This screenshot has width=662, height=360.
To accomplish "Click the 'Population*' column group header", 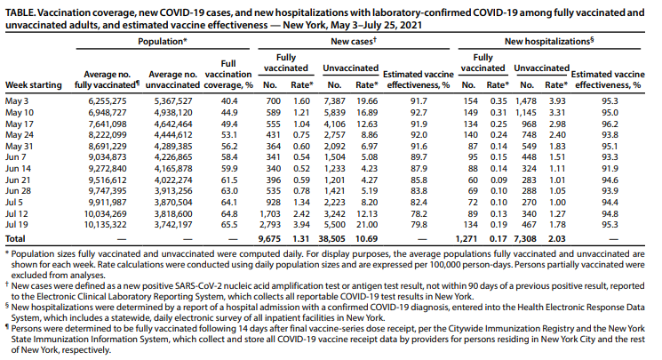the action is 163,42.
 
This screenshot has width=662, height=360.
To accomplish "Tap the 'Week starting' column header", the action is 34,85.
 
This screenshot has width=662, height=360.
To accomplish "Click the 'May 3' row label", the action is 17,101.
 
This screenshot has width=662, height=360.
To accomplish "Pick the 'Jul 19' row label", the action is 17,225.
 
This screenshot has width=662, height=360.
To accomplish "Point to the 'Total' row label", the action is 15,239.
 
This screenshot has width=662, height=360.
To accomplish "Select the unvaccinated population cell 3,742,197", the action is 173,225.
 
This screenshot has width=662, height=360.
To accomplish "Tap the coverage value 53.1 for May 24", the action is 229,135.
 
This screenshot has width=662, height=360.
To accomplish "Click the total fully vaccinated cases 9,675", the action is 269,239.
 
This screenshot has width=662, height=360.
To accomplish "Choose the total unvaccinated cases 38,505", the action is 331,239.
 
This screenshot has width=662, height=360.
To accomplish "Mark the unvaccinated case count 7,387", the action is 334,101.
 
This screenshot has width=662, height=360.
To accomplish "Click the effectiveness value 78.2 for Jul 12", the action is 419,214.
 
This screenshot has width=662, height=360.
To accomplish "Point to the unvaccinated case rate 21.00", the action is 367,225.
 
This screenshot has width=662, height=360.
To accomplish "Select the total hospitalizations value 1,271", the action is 467,239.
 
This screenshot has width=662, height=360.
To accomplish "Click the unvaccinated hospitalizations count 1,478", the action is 526,101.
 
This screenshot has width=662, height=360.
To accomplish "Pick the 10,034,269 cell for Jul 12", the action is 105,214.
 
